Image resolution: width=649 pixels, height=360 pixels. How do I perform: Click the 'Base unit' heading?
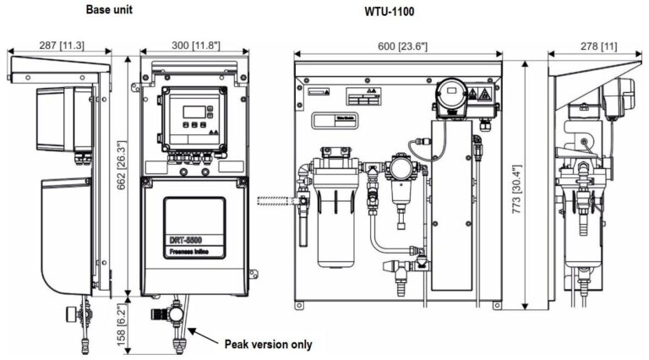[x=110, y=9]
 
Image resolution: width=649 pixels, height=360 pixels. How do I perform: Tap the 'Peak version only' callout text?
[x=268, y=344]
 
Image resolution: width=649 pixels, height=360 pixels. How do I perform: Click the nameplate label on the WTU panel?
[x=333, y=121]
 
